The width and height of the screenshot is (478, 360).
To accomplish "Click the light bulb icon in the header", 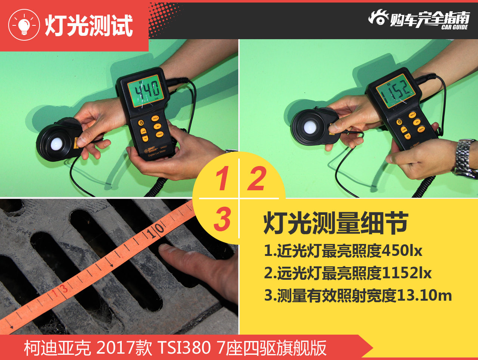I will coord(24,25).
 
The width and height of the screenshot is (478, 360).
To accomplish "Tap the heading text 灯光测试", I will coord(89,26).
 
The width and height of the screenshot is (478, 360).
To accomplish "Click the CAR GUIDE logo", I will coord(419,19).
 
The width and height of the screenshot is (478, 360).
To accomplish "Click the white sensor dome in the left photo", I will coord(56,144).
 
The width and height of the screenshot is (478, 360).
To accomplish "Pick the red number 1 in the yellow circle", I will coord(222,179).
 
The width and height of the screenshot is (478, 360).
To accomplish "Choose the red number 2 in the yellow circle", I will coord(257,179).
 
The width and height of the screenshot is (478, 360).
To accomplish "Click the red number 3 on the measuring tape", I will coord(64,288).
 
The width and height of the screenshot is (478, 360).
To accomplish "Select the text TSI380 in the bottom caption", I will coord(184,348).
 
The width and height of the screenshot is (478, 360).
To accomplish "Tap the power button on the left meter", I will coord(141,123).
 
